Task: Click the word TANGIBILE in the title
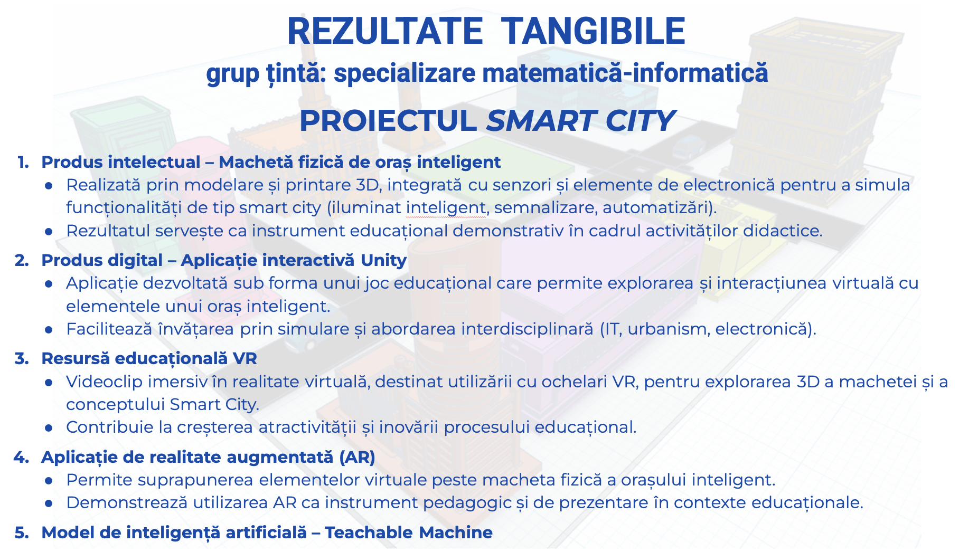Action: point(593,31)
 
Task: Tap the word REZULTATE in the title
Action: point(385,31)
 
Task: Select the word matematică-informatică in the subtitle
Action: point(625,73)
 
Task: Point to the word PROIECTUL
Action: point(388,121)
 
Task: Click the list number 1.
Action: point(23,162)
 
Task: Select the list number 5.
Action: point(22,532)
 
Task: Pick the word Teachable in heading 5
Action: point(368,532)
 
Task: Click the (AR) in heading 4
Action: point(358,457)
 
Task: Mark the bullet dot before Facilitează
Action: point(49,330)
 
